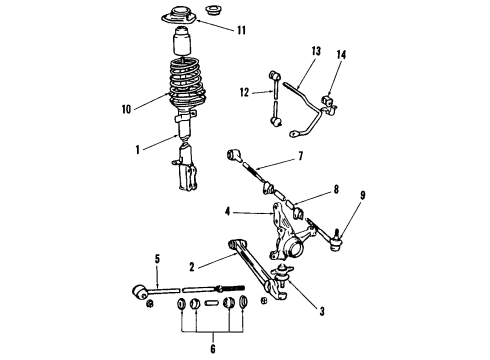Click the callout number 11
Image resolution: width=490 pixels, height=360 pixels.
(x=240, y=30)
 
